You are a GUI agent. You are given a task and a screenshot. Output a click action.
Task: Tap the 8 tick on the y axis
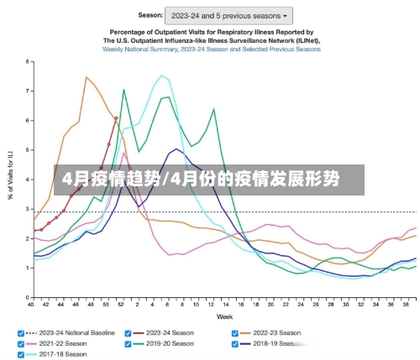click(28, 61)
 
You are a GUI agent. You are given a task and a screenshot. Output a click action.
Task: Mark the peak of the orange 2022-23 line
click(86, 77)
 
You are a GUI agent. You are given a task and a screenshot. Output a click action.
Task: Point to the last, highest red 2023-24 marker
click(116, 118)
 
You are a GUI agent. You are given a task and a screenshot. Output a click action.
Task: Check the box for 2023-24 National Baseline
click(21, 332)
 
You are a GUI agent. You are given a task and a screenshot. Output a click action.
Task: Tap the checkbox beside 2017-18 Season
click(21, 354)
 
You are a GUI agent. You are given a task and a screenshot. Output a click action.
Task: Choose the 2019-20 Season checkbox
click(128, 343)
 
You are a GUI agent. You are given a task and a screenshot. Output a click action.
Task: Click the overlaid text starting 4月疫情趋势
click(197, 179)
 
